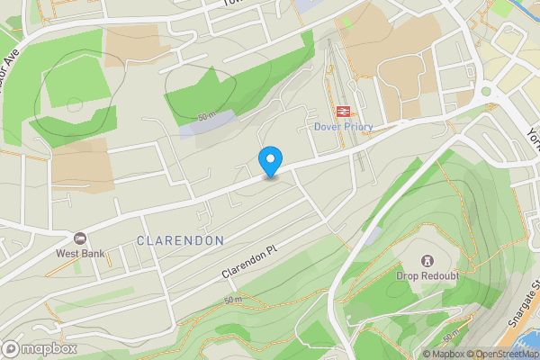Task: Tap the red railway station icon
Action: tap(342, 112)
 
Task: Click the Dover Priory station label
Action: tap(342, 127)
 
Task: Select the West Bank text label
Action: tap(79, 253)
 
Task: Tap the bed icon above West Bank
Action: tap(80, 238)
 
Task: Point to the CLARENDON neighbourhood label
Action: tap(180, 240)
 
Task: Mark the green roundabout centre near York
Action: tap(487, 91)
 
